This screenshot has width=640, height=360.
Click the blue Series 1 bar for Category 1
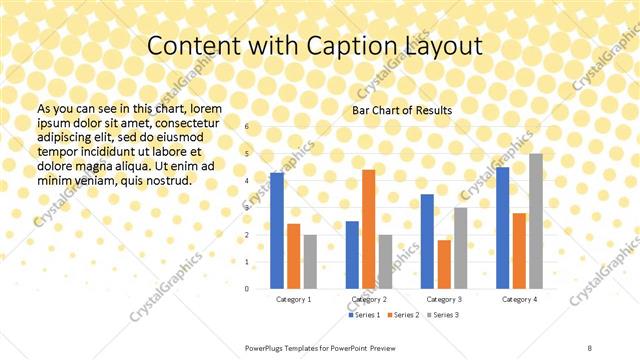[277, 230]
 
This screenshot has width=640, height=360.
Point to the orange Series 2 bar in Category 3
[444, 264]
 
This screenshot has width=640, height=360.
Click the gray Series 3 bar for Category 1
[310, 261]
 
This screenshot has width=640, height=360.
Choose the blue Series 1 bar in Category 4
[503, 227]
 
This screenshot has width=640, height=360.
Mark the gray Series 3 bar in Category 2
[385, 261]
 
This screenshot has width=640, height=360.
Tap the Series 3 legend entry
[443, 315]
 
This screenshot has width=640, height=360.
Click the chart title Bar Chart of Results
[402, 109]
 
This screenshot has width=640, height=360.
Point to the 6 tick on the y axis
[247, 127]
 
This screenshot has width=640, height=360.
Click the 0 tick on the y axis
[247, 288]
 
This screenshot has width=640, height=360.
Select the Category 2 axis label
[369, 299]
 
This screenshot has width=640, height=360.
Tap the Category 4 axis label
[519, 299]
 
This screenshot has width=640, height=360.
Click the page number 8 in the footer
[590, 346]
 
